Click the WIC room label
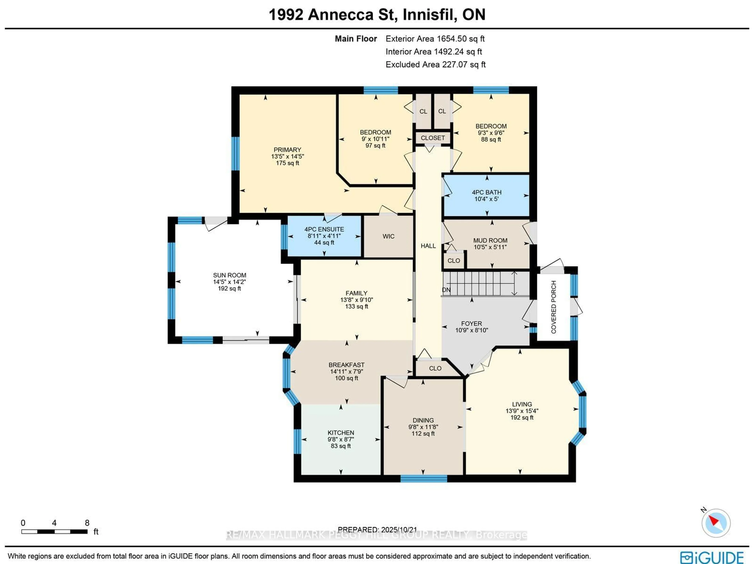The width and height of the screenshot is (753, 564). pyautogui.click(x=388, y=236)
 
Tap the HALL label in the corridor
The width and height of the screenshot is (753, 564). pyautogui.click(x=428, y=246)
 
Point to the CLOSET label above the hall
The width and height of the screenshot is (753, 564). pyautogui.click(x=433, y=138)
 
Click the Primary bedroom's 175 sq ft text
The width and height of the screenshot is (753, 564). pyautogui.click(x=287, y=163)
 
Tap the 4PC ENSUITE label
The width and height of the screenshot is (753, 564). pyautogui.click(x=324, y=229)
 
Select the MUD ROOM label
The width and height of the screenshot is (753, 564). pyautogui.click(x=490, y=241)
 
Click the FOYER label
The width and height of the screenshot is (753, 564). pyautogui.click(x=471, y=323)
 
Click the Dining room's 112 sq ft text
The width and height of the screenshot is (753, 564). pyautogui.click(x=423, y=434)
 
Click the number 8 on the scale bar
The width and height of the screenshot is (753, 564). pyautogui.click(x=87, y=523)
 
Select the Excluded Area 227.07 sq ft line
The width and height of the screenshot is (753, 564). pyautogui.click(x=435, y=65)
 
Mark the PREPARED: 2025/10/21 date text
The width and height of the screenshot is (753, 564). pyautogui.click(x=377, y=530)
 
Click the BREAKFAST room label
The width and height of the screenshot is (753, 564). pyautogui.click(x=346, y=365)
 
